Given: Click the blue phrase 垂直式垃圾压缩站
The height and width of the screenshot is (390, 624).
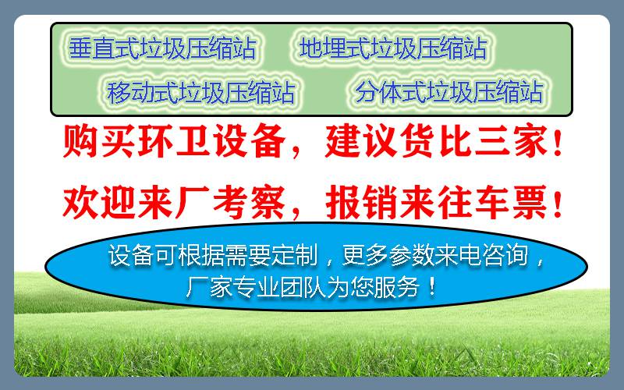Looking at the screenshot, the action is coord(162,48).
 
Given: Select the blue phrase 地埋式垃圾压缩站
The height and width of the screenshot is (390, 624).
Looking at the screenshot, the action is coord(393,48).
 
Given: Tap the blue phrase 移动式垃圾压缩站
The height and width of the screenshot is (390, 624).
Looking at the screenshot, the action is coord(201,92).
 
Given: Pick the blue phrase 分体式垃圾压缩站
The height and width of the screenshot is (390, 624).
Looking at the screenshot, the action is coord(449,91).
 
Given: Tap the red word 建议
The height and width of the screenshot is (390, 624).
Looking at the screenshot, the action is coord(361,141).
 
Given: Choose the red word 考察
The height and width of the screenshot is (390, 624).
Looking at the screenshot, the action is coord(249,203).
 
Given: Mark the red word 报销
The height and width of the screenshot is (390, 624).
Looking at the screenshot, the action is coord(361,203).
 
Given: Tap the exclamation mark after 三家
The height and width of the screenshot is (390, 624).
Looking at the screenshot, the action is coord(558,142).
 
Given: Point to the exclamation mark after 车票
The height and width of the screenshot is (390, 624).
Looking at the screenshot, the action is coord(558,204).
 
